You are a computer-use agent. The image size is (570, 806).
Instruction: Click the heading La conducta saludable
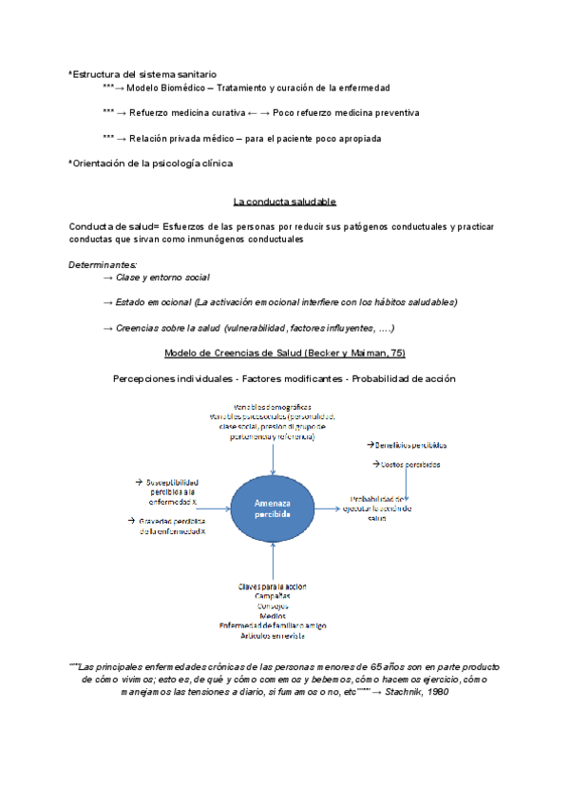click(x=284, y=201)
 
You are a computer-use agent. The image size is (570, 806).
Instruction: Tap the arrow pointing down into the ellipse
click(x=273, y=459)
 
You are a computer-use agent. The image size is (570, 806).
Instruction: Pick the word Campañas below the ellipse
click(x=273, y=596)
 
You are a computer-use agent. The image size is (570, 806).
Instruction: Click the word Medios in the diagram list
click(x=273, y=615)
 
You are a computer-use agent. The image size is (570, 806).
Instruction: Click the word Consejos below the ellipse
click(x=273, y=605)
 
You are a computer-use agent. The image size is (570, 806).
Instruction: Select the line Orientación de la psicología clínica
click(x=153, y=163)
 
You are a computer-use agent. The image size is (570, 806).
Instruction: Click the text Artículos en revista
click(x=273, y=634)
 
